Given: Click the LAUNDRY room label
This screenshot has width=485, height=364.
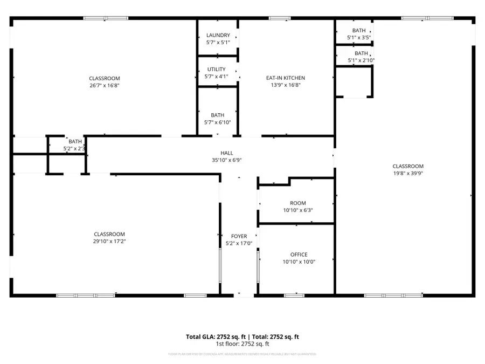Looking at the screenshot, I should (x=218, y=36).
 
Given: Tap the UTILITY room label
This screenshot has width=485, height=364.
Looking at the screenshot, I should (x=216, y=70).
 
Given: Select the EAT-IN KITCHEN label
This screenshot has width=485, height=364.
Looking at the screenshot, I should (x=286, y=78).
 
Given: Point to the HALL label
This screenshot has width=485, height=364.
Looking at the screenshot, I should (x=227, y=153).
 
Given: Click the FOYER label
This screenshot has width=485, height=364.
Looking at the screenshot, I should (x=239, y=236).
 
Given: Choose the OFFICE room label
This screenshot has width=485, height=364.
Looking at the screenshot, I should (x=299, y=255).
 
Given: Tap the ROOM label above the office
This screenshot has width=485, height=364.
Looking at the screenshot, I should (x=298, y=203).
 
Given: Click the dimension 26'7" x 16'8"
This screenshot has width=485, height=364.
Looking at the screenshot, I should (x=105, y=85).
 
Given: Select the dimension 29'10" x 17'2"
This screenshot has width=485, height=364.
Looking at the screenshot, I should (x=109, y=241).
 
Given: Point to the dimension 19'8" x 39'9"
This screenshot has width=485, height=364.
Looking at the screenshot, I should (x=407, y=173).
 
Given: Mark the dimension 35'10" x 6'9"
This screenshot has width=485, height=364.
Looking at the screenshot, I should (x=227, y=160).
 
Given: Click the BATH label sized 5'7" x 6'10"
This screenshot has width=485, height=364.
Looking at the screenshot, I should (x=218, y=115).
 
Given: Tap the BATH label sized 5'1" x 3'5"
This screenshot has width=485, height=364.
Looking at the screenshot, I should (x=358, y=31).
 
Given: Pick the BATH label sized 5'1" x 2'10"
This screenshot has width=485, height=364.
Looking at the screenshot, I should (x=361, y=53).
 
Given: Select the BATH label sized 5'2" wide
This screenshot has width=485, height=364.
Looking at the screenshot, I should (x=75, y=142).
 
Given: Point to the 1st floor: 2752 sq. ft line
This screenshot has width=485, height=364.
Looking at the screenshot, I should (x=242, y=344).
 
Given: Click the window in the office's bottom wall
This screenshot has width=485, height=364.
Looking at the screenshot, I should (x=294, y=295).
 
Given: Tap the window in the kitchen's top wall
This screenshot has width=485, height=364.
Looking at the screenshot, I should (x=279, y=19).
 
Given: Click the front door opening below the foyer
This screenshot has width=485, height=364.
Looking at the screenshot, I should (x=244, y=295).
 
